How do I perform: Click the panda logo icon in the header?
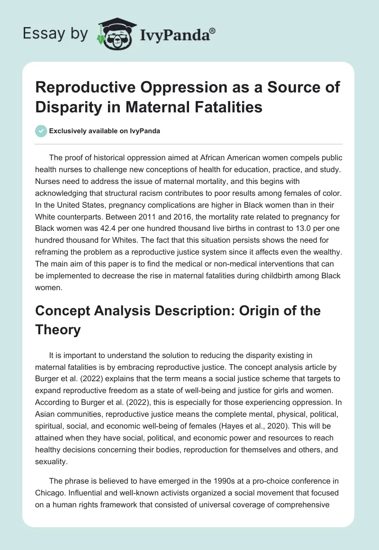[x=116, y=33]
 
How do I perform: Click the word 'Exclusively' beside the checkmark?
[x=67, y=131]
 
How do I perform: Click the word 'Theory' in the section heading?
[x=58, y=330]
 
